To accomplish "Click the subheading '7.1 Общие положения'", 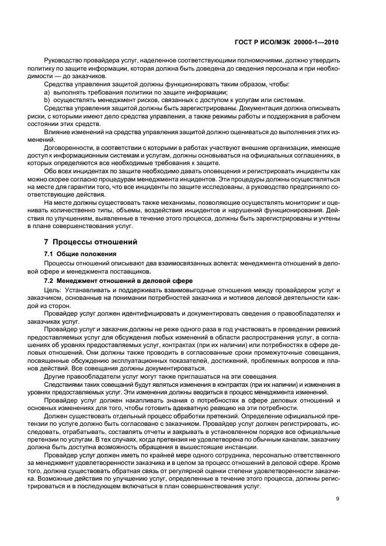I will tap(76, 254).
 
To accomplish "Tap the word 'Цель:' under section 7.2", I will tap(53, 290).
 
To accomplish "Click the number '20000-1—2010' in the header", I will tap(316, 43).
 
